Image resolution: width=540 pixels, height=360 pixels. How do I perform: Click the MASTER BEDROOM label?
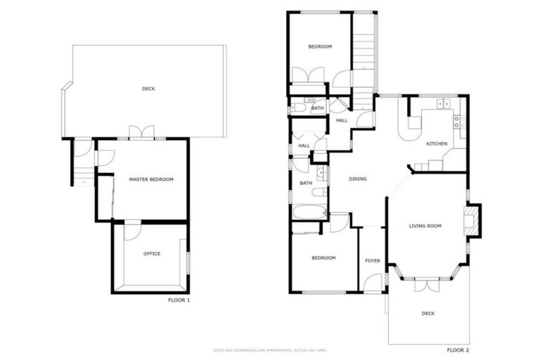click(150, 179)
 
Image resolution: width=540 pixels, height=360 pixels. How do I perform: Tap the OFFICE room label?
click(151, 254)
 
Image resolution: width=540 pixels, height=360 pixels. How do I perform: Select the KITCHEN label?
click(437, 143)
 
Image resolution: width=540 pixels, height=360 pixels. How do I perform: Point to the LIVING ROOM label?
click(425, 226)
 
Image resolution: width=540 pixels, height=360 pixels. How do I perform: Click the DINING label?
click(358, 179)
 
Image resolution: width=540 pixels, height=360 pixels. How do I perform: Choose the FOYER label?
click(372, 261)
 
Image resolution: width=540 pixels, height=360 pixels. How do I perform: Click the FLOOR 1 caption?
click(179, 300)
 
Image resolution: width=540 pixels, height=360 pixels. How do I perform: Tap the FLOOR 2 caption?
click(458, 349)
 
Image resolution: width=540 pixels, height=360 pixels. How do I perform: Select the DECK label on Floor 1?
click(148, 89)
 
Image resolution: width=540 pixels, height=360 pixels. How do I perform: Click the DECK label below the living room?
click(427, 314)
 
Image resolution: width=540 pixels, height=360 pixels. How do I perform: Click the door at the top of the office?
click(132, 230)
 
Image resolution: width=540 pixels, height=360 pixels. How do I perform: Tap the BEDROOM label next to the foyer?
click(323, 258)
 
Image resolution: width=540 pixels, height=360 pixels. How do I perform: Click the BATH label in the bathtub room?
click(306, 183)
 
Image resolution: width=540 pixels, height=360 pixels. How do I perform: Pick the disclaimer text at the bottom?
click(269, 349)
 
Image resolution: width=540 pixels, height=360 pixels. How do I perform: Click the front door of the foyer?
click(376, 283)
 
